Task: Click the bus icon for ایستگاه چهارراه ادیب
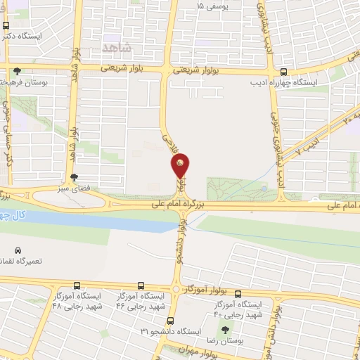[283, 71]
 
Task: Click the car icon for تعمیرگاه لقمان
[18, 250]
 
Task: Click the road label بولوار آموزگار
[206, 289]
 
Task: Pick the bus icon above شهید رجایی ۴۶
[141, 286]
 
